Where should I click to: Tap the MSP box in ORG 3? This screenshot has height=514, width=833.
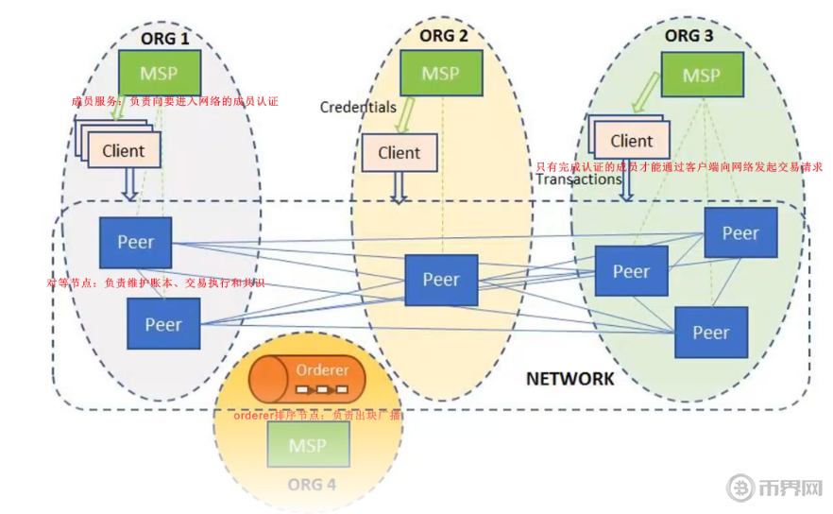click(x=701, y=75)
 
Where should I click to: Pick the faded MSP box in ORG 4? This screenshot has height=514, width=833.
click(x=308, y=444)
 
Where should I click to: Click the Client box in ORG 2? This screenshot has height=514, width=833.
click(x=399, y=152)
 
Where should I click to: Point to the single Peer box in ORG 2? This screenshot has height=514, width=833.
click(x=441, y=279)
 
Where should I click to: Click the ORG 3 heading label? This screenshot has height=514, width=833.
click(x=695, y=36)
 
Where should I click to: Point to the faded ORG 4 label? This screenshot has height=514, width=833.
click(x=312, y=486)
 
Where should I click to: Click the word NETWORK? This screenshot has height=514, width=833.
click(x=569, y=379)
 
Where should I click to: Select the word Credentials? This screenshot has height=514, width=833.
click(x=358, y=107)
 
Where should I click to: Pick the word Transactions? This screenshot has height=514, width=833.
click(x=579, y=180)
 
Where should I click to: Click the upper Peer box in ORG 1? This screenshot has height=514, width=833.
click(x=136, y=242)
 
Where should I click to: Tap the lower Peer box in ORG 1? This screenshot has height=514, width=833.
click(x=162, y=324)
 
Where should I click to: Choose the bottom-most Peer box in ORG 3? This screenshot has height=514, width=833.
click(x=710, y=332)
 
